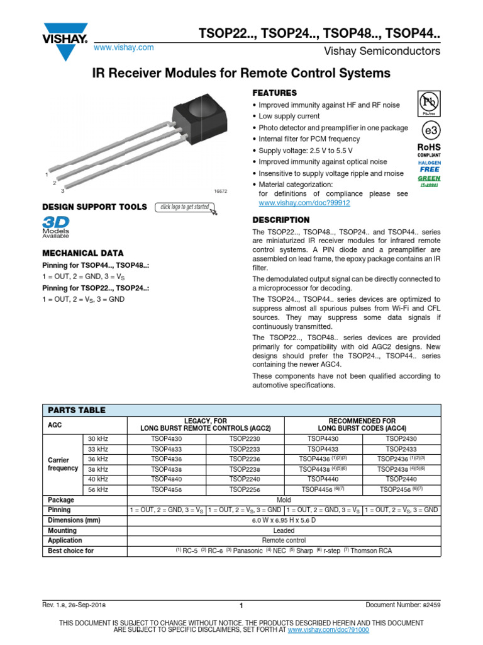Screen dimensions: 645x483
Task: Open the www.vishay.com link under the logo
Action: (x=123, y=48)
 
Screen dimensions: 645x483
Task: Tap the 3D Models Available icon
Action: (x=56, y=227)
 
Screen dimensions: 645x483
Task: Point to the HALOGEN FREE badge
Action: (x=430, y=166)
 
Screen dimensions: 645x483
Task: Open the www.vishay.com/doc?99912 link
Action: (x=304, y=203)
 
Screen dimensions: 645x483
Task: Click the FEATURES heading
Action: (x=274, y=93)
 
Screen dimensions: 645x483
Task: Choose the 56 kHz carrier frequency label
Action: (x=98, y=489)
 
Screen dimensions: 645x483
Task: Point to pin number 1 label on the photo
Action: (x=47, y=174)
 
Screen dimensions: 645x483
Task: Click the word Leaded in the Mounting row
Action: (x=284, y=530)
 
